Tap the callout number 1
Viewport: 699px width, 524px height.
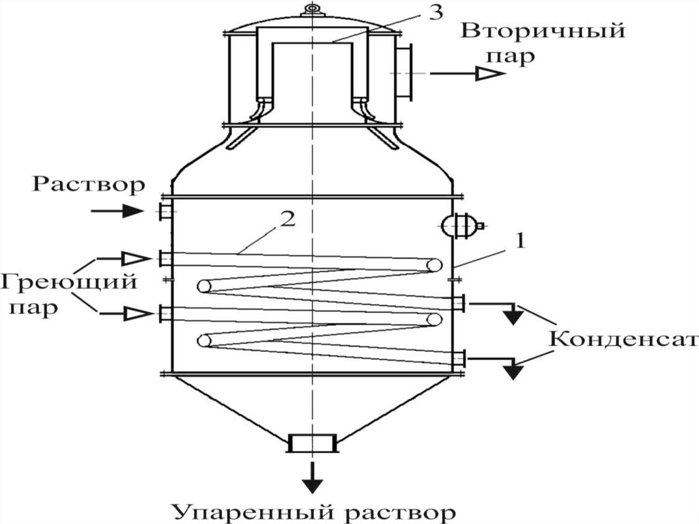coord(521,241)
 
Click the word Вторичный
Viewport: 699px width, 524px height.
coord(543,31)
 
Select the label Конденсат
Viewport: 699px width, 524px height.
coord(623,340)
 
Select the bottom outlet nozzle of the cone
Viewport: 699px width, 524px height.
coord(312,443)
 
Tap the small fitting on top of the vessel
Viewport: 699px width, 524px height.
coord(312,10)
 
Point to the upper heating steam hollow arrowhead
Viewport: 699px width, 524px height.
coord(135,258)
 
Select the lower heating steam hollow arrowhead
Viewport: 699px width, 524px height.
coord(135,314)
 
